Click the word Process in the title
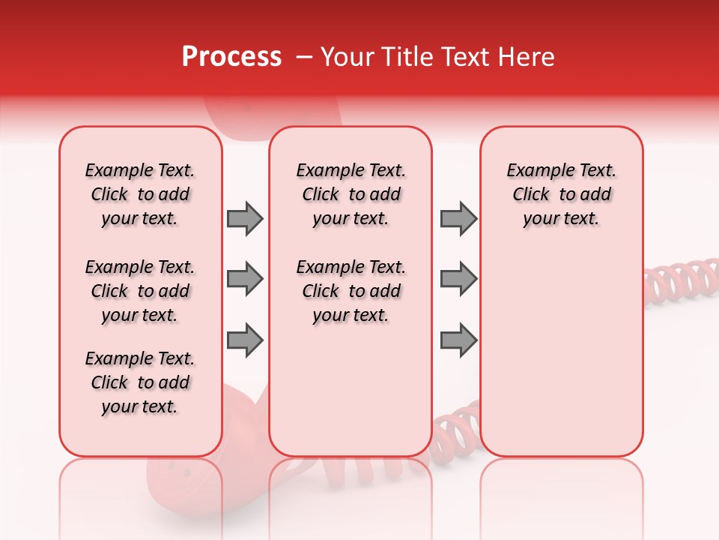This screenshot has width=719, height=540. pos(231,57)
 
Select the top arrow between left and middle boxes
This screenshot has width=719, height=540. pos(245,218)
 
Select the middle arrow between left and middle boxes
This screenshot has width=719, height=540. pos(245,279)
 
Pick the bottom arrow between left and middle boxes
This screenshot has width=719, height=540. pos(245,340)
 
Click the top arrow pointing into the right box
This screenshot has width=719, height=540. pos(458,218)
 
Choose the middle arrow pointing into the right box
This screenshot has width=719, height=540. pos(458,279)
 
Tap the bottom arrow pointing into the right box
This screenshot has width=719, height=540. pos(458,340)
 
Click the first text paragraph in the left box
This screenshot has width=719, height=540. pos(140,194)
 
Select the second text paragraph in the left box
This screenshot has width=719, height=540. pos(140,291)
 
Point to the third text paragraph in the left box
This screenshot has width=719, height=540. pos(140,382)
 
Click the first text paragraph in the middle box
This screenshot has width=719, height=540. pos(351,194)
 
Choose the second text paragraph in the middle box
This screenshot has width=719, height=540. pos(351,291)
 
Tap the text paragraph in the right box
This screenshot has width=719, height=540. pos(561,194)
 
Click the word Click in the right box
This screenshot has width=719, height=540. pos(531,194)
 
